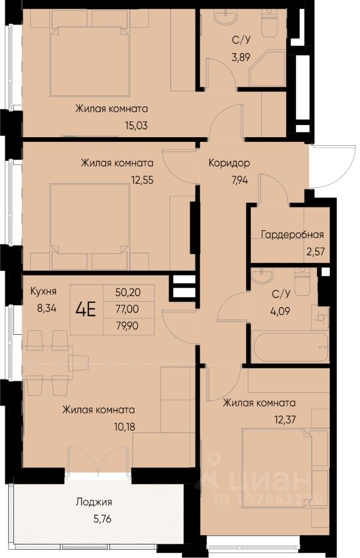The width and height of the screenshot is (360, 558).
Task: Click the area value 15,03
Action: tap(136, 126)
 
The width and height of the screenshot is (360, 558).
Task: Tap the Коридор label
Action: tap(229, 163)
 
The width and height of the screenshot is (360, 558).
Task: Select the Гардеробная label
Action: tap(293, 234)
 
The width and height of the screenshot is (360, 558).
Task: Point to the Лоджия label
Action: tap(94, 502)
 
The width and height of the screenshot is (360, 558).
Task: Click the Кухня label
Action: tap(44, 291)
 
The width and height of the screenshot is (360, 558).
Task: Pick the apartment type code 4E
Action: tap(86, 310)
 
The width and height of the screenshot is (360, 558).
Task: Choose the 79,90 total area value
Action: tap(127, 325)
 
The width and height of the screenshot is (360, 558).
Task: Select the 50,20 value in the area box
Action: tap(128, 292)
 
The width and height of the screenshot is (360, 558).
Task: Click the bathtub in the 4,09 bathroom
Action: tap(290, 346)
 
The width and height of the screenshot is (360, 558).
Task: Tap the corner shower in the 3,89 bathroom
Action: tap(268, 69)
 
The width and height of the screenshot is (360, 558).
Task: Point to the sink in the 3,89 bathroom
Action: tap(224, 15)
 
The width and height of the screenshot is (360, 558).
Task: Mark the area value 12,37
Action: tap(284, 420)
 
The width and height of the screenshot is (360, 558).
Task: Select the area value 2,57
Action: tap(315, 251)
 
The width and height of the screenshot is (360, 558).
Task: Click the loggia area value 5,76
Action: tap(102, 519)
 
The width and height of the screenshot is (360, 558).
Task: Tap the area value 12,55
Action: tap(142, 180)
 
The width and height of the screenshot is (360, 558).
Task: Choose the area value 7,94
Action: tap(239, 180)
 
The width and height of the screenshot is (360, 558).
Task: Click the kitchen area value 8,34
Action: tap(47, 308)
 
